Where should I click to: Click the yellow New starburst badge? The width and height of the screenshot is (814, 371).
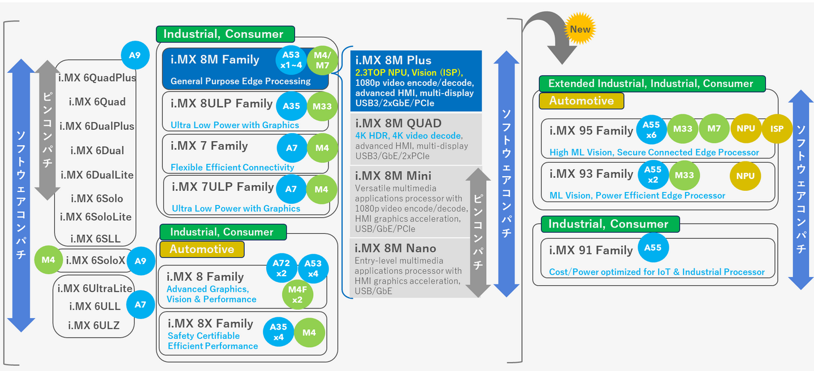pos(580,29)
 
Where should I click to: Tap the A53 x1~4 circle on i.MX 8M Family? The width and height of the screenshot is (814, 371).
pos(291,60)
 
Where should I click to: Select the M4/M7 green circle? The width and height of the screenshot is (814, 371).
pos(322,60)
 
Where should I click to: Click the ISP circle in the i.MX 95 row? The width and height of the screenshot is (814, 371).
pos(777,129)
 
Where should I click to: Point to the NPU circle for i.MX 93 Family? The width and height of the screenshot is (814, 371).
pos(745,176)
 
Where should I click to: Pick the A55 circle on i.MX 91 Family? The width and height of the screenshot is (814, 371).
pos(653,247)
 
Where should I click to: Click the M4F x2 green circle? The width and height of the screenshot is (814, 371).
pos(297,294)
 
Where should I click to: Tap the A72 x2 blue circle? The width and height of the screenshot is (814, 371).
pos(282,268)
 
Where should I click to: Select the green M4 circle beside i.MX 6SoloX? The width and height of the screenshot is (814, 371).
pos(49,260)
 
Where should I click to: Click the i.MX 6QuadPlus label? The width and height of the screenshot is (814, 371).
pos(97,78)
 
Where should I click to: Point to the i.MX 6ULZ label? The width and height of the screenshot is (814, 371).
pos(94,325)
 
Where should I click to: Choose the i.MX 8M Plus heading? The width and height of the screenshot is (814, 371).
pos(393,60)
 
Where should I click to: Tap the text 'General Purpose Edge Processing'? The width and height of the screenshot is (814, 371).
pos(241,81)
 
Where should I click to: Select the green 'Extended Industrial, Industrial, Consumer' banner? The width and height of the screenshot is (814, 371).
pos(652,84)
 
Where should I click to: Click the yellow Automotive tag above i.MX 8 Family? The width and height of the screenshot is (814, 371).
pos(202,250)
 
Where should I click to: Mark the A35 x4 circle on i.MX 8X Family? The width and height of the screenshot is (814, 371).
pos(278,332)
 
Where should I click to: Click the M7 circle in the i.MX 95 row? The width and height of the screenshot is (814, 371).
pos(714,129)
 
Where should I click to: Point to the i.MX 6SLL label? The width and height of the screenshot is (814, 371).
pos(95,239)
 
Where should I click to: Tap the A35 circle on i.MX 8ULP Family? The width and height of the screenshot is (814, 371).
pos(292,106)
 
